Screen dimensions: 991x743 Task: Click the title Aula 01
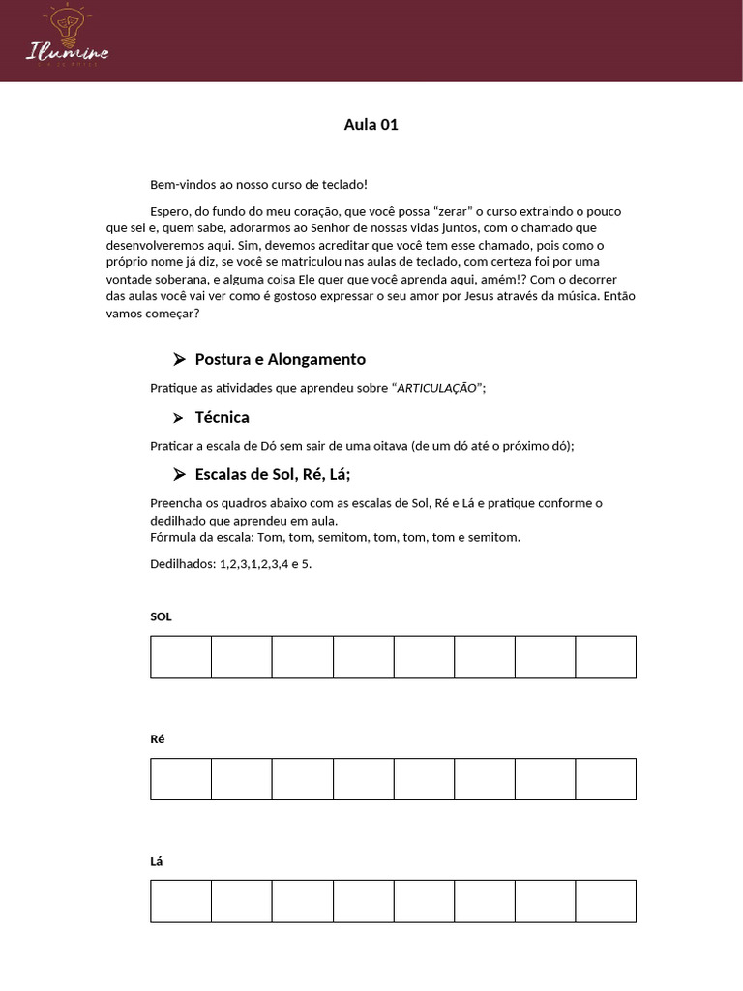coord(371,124)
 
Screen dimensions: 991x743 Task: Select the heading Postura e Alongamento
coord(280,359)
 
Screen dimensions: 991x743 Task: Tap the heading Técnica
coord(222,417)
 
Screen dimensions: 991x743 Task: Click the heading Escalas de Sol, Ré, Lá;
coord(272,474)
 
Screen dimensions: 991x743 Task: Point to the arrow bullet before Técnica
coord(178,417)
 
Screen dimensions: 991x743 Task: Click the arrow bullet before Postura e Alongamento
coord(178,359)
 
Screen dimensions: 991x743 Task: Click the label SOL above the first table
coord(161,616)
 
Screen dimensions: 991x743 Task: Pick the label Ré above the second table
coord(158,738)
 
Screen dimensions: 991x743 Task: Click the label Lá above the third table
coord(157,861)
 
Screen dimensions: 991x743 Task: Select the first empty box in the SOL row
coord(181,657)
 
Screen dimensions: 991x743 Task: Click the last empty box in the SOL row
coord(606,657)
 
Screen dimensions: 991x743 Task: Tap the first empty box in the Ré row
coord(181,779)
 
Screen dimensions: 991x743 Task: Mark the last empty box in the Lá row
coord(606,901)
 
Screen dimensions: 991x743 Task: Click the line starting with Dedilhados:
coord(230,563)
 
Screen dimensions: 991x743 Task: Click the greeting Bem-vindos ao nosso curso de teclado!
coord(258,184)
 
